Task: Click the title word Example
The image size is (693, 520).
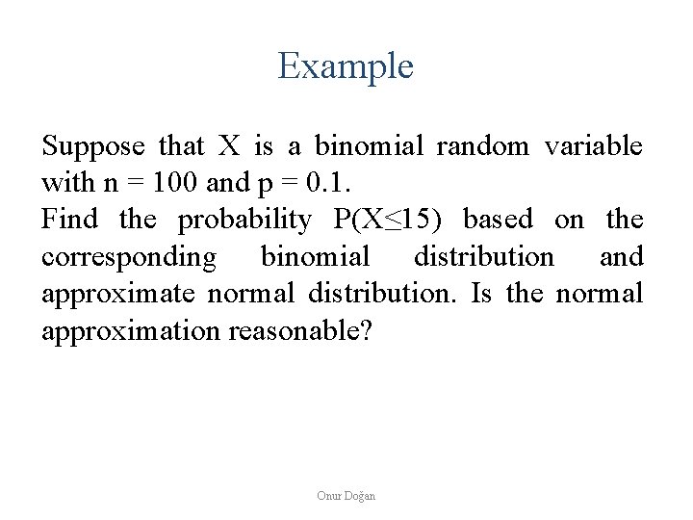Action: coord(346,66)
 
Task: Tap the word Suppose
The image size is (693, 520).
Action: coord(93,146)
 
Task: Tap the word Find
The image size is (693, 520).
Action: coord(69,220)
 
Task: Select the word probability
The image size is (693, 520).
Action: coord(244,221)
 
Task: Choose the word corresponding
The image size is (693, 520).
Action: coord(129,258)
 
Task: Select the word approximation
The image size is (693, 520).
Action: coord(131,331)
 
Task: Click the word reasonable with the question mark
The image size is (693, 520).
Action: coord(299,331)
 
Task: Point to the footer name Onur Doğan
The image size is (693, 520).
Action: coord(346,495)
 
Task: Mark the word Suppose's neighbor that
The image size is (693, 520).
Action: coord(181,146)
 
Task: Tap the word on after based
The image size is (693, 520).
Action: coord(569,221)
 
